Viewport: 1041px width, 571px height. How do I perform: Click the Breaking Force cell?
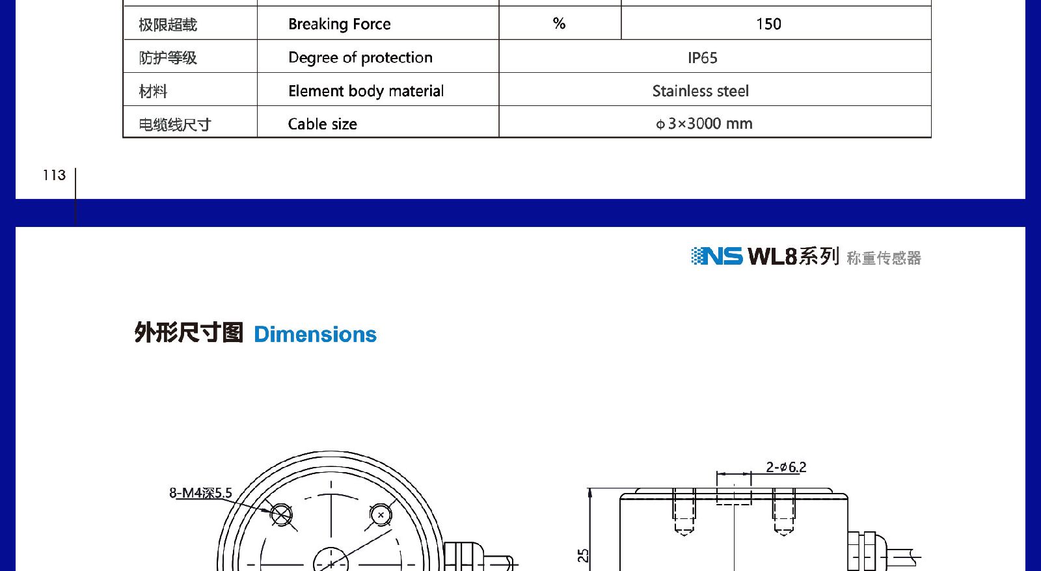point(339,23)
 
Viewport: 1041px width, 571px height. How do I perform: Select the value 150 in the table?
point(768,23)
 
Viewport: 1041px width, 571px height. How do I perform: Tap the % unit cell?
point(559,23)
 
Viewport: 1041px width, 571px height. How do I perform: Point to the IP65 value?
point(702,58)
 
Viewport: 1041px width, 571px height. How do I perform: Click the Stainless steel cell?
point(700,90)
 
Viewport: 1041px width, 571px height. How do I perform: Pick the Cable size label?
point(323,124)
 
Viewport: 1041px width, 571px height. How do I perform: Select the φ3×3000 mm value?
point(704,124)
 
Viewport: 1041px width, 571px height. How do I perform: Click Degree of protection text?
point(360,58)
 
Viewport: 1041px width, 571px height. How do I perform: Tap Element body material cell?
point(366,91)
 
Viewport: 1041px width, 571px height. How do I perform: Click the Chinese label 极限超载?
point(168,24)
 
